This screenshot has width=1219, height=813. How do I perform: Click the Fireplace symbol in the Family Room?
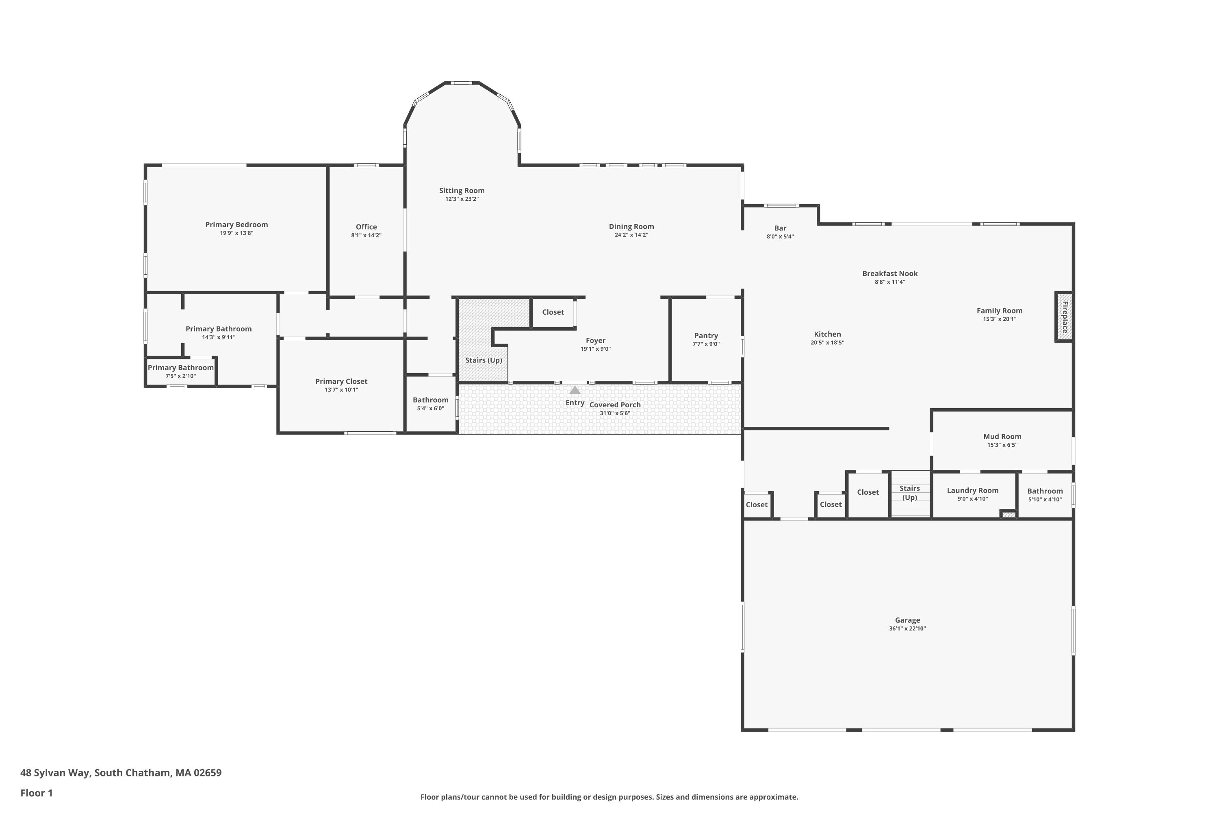click(1064, 317)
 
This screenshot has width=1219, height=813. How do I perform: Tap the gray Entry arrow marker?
click(575, 390)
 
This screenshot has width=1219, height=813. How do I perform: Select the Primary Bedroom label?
click(236, 224)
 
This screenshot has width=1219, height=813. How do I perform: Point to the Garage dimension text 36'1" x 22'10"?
click(907, 628)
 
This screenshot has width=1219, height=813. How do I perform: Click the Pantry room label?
click(706, 335)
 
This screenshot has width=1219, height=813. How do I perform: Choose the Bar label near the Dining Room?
click(780, 228)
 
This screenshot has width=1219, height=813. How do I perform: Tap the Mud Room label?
click(1002, 437)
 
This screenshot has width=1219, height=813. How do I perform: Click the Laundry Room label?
click(972, 491)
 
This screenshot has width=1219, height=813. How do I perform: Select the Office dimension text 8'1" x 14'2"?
click(366, 235)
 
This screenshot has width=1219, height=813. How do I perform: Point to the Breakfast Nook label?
click(890, 273)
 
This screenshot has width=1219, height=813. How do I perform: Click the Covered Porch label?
click(615, 405)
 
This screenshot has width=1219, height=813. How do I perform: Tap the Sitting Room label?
click(462, 191)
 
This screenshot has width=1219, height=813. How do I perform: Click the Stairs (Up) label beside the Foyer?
click(484, 360)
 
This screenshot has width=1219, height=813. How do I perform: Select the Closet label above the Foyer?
click(553, 312)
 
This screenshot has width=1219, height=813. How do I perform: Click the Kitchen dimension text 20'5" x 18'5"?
click(827, 343)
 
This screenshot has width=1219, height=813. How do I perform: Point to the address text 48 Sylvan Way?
click(56, 773)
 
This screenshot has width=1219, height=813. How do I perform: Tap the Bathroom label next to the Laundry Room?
click(1045, 491)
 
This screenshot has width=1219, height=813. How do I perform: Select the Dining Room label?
click(631, 226)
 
